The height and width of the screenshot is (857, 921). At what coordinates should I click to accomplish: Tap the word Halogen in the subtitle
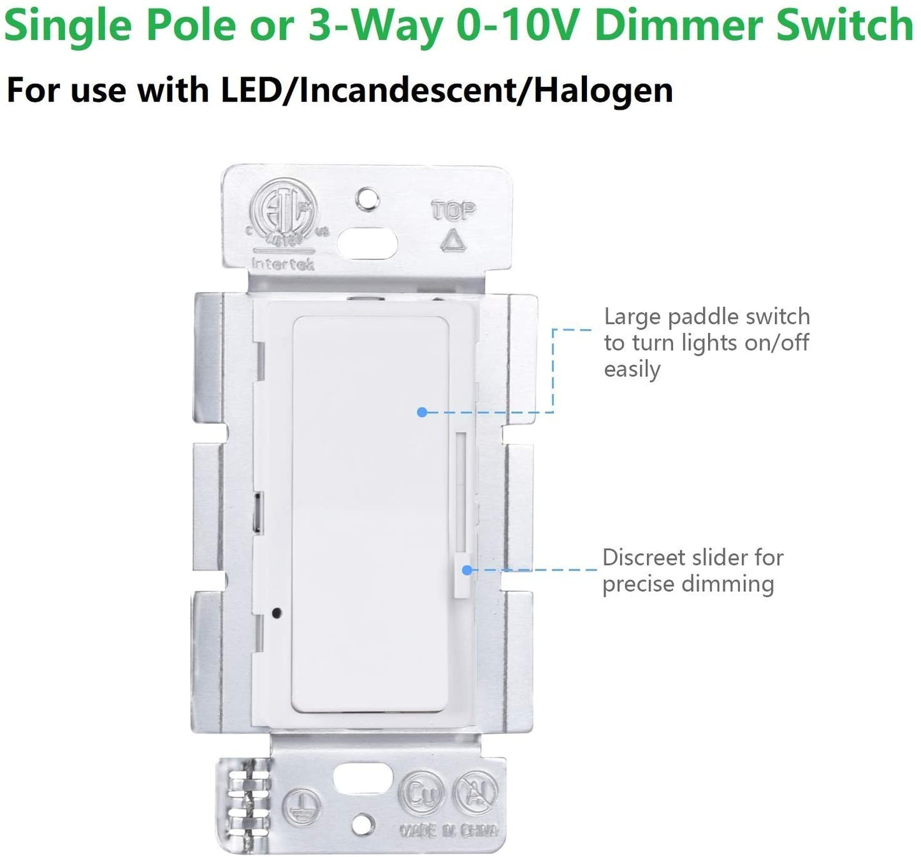(603, 90)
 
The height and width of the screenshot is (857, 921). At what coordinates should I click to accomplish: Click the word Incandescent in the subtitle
(414, 90)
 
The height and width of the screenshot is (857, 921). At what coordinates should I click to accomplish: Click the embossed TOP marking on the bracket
(453, 210)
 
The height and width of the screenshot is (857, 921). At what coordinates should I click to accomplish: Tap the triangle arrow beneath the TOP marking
(453, 240)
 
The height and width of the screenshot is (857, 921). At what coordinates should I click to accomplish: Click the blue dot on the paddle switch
(421, 412)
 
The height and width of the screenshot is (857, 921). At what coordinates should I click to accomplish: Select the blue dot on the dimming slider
(467, 570)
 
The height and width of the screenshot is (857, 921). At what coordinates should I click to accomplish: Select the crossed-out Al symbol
(473, 795)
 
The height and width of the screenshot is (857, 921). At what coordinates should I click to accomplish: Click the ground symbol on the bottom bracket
(298, 802)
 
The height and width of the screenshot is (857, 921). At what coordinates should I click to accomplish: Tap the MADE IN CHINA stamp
(449, 830)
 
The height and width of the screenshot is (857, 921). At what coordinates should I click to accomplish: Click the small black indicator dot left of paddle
(275, 613)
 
